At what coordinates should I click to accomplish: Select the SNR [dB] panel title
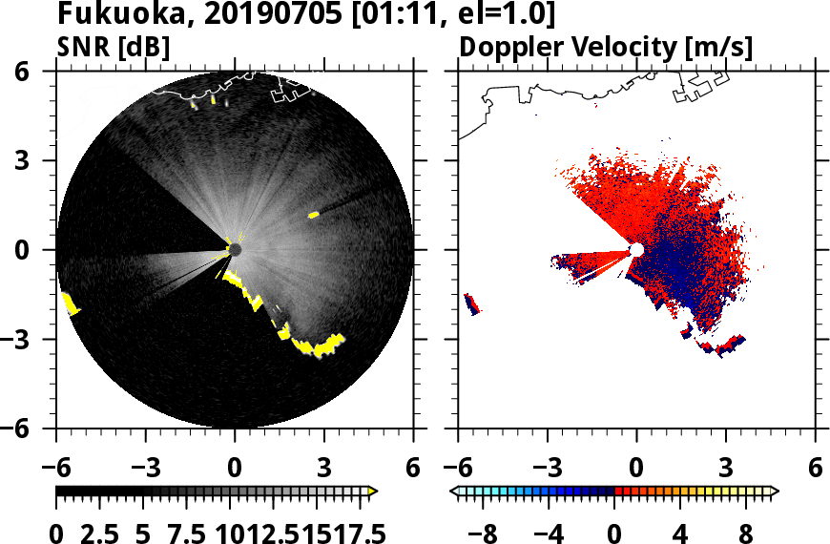point(114,47)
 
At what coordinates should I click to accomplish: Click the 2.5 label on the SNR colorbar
point(105,532)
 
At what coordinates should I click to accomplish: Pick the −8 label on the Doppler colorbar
point(488,532)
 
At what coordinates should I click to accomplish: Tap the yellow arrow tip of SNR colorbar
point(373,492)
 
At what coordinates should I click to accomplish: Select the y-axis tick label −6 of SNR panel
point(34,429)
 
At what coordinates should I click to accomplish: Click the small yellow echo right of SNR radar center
point(313,216)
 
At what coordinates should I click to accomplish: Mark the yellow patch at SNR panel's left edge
point(70,304)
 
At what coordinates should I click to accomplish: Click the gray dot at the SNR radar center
point(235,249)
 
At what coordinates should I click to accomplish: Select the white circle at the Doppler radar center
point(636,249)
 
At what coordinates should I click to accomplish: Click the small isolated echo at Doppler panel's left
point(471,304)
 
